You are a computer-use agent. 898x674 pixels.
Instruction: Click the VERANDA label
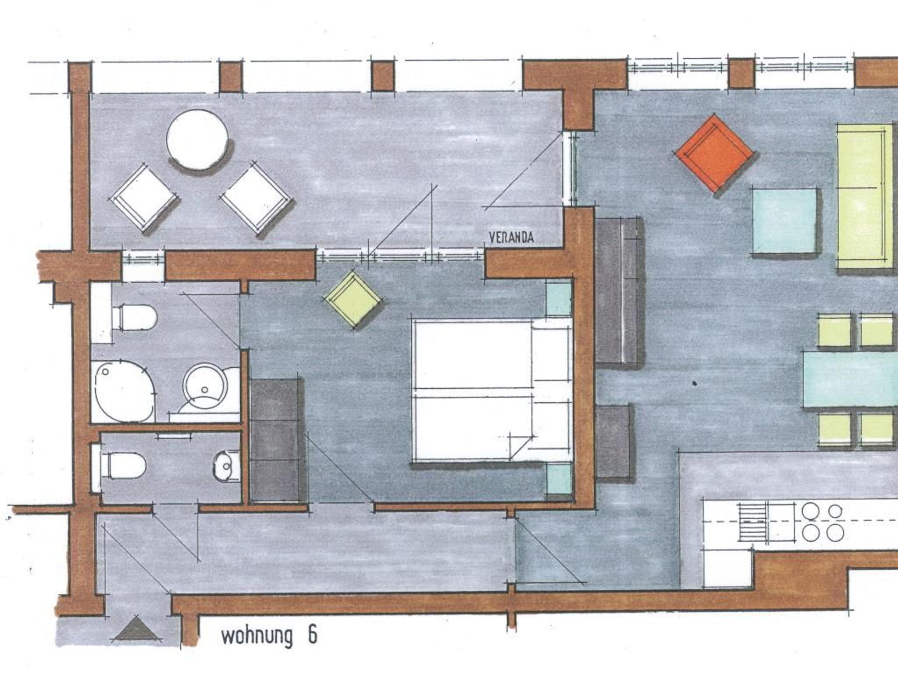tap(511, 238)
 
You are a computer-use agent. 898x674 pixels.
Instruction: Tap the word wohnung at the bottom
tap(257, 636)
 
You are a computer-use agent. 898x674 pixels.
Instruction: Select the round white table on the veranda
tap(197, 139)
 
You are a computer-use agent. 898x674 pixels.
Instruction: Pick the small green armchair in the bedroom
tap(353, 299)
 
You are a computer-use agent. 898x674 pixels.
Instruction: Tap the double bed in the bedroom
tap(492, 390)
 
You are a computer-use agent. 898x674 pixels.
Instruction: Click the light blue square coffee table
tap(785, 221)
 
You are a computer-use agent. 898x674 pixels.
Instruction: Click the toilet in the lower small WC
tap(123, 465)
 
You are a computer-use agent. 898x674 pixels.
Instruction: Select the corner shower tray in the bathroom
tap(123, 391)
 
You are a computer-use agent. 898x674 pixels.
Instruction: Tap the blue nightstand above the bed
tap(559, 299)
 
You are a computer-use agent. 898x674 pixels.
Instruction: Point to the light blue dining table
tap(851, 380)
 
